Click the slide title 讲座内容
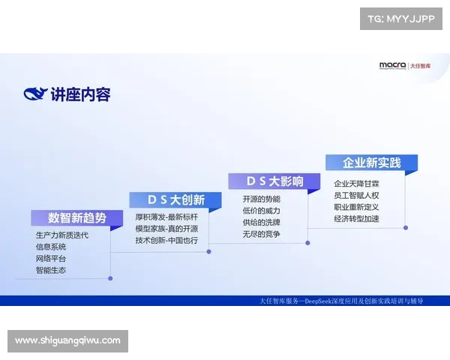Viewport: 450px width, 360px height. [x=80, y=94]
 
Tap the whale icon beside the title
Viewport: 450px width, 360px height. [x=35, y=94]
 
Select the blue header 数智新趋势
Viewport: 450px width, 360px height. [x=77, y=218]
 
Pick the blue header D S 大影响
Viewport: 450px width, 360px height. [x=274, y=181]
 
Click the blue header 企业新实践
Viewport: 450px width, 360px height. [x=371, y=163]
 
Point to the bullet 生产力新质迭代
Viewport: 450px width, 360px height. [x=61, y=235]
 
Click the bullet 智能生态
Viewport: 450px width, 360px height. [x=50, y=270]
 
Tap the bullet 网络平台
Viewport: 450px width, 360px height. [x=50, y=259]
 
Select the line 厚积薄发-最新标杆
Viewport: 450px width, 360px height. [x=166, y=217]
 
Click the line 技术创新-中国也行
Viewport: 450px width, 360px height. [x=166, y=240]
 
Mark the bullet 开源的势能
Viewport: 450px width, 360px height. [x=261, y=199]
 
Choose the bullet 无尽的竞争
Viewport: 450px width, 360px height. [x=261, y=234]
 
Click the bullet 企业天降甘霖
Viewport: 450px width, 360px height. [x=356, y=183]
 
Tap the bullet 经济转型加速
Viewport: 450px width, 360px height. [x=356, y=218]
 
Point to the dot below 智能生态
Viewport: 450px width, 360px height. [x=110, y=278]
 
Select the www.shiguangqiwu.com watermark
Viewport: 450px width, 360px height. [x=67, y=340]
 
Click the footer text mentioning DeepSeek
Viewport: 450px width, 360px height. [x=341, y=301]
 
